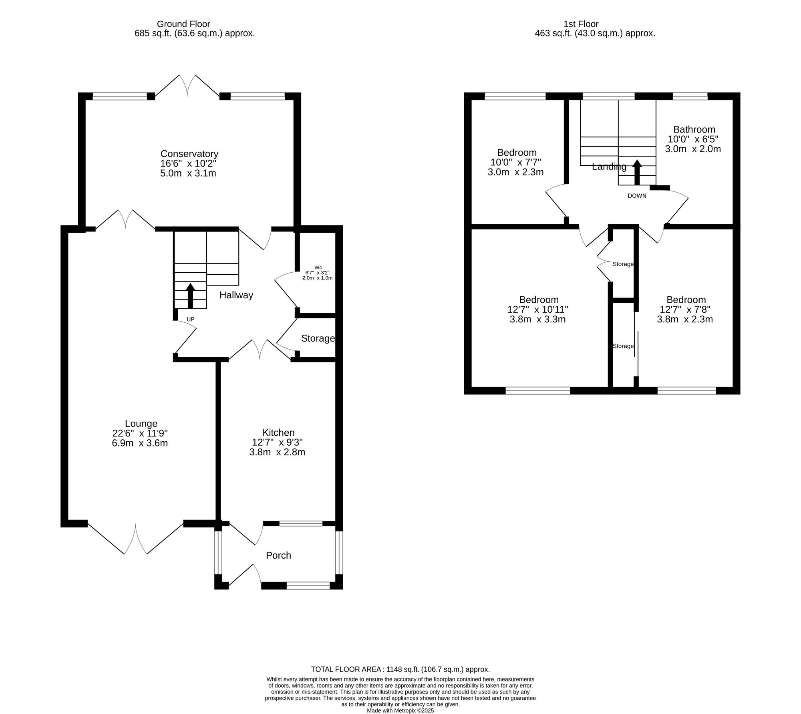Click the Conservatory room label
point(189,154)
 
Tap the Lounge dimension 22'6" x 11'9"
point(140,433)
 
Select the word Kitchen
point(278,432)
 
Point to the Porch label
point(278,555)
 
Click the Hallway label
point(236,295)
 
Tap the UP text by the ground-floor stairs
point(191,319)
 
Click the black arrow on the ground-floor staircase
point(190,296)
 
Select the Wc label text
point(318,267)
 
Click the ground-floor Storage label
point(318,338)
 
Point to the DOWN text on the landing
point(637,196)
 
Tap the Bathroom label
point(694,129)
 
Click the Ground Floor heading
point(183,24)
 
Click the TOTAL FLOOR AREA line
point(400,669)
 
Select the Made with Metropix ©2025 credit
point(400,710)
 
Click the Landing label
point(609,167)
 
